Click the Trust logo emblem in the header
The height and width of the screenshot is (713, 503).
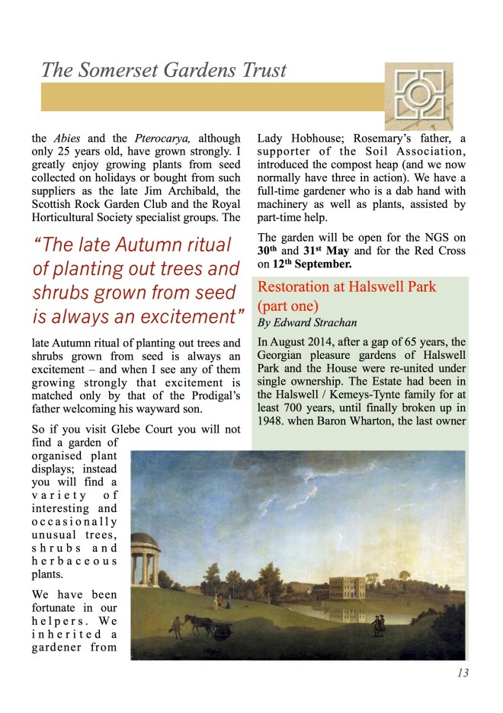[x=418, y=96]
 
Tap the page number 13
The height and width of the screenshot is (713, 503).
[x=462, y=673]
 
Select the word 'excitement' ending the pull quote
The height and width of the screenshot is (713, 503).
[x=187, y=315]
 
